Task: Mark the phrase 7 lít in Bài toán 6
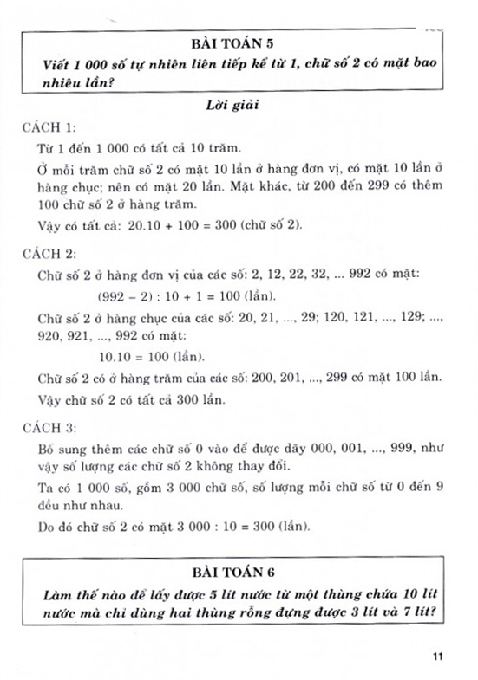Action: [417, 615]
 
